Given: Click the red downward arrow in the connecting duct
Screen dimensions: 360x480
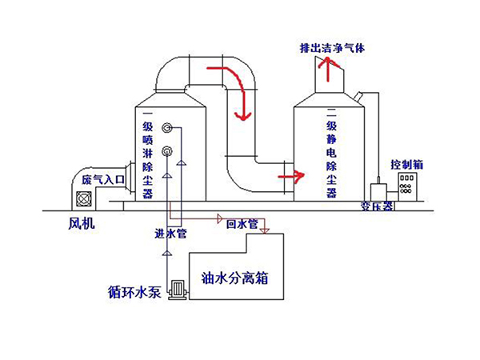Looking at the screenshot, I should point(238,107).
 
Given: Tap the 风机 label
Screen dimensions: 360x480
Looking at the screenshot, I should point(82,225).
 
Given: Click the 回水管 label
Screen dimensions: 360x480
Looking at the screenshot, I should point(242,225).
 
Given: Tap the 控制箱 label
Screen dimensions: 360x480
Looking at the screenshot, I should point(406,164).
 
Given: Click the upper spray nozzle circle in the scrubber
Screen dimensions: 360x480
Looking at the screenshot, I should point(167,128).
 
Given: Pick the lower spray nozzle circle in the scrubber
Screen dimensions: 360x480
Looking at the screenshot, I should point(167,152).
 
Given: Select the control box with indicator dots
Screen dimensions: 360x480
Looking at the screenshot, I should point(408,190).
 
